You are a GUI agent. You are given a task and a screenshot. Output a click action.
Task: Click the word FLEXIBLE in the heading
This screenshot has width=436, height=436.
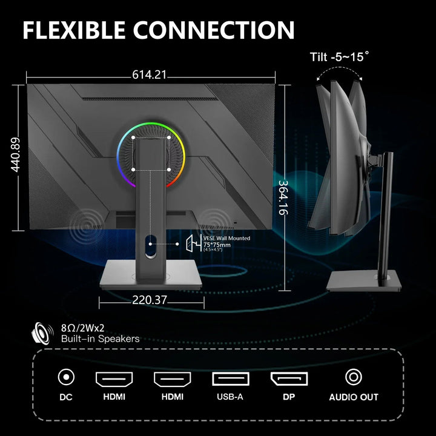(74, 30)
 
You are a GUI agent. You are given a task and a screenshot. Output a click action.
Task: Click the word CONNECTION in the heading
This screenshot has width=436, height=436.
(214, 30)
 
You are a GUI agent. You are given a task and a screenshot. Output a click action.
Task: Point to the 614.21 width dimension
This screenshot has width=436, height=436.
(150, 74)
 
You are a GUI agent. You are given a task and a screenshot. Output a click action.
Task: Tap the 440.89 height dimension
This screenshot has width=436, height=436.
(16, 154)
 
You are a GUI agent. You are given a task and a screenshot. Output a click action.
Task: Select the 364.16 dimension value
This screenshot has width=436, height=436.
(283, 197)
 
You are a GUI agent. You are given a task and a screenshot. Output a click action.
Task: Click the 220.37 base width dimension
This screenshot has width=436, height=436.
(150, 300)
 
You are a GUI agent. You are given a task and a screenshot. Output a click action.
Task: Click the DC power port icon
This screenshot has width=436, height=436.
(66, 377)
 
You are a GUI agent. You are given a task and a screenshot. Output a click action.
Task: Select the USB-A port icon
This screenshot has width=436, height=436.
(231, 378)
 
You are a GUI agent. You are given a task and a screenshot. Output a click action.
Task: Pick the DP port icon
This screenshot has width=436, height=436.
(289, 378)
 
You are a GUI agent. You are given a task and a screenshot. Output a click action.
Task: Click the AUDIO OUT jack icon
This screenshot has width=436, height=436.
(354, 377)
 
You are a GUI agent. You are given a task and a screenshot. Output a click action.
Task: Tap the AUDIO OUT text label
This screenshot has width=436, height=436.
(354, 397)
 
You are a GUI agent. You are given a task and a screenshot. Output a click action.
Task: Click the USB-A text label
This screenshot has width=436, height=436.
(230, 397)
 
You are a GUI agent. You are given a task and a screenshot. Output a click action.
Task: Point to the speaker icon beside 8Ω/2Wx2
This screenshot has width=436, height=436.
(42, 334)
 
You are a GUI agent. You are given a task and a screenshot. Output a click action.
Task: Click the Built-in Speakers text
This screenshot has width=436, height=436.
(100, 339)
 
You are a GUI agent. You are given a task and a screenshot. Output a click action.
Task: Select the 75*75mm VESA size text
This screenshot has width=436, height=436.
(217, 245)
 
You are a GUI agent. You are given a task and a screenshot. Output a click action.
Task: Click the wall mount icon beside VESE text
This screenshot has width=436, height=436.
(194, 243)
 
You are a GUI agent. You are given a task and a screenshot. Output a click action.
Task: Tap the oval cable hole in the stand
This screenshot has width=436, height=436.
(150, 246)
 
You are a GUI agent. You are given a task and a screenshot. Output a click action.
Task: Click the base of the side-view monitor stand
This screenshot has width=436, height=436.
(364, 281)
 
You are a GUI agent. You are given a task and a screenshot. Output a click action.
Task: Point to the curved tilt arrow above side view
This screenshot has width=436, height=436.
(339, 70)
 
